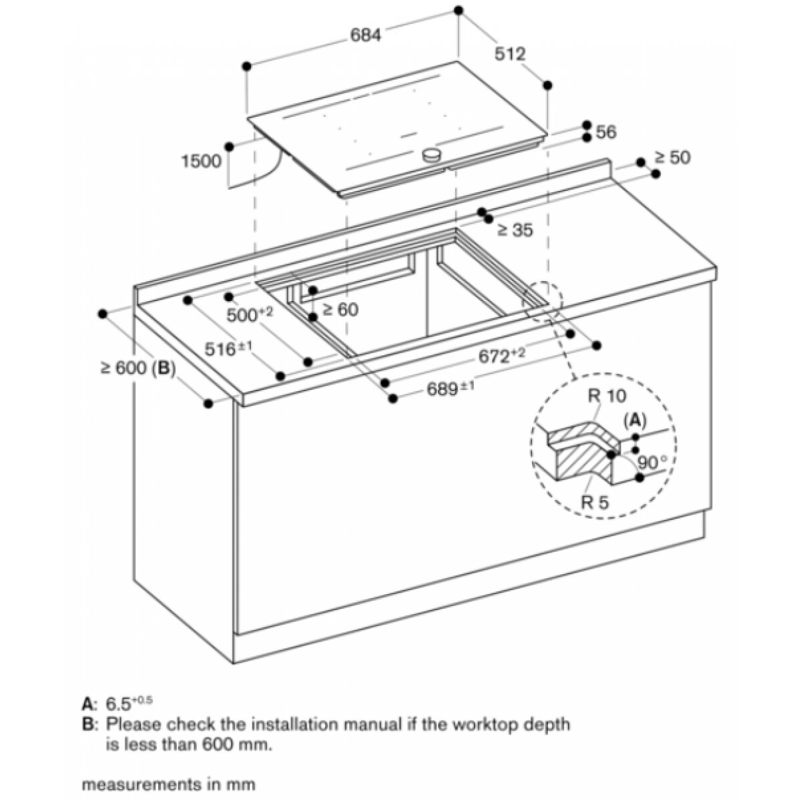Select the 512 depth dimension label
point(511,53)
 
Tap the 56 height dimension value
point(605,132)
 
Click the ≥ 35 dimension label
point(515,231)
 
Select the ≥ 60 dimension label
point(340,310)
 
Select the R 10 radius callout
point(607,396)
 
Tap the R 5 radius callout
point(595,503)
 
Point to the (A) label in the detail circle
point(635,419)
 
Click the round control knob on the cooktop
point(433,156)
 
